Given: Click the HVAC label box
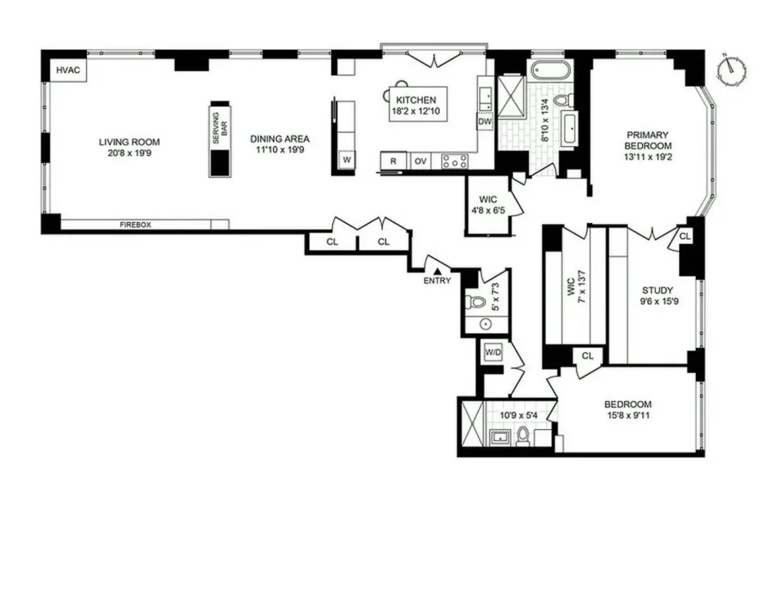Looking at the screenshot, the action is click(68, 70).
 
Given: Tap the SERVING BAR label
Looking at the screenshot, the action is click(221, 128).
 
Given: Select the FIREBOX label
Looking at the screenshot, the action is click(135, 225).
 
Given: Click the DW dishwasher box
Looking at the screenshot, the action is click(484, 122).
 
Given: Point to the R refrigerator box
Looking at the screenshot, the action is click(393, 161).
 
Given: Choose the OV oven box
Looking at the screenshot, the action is click(421, 161).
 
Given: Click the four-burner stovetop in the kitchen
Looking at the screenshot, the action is click(455, 161).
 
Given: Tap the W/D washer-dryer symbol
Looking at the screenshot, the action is click(493, 352).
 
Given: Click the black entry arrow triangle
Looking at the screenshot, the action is click(438, 271).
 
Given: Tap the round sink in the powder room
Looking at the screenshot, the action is click(486, 325).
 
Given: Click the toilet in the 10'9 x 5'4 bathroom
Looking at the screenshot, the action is click(523, 436).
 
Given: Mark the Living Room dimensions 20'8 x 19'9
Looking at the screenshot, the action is click(129, 153).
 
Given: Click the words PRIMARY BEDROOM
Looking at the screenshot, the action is click(647, 140).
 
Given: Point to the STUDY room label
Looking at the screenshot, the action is click(657, 290).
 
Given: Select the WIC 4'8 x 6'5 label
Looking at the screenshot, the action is click(488, 205).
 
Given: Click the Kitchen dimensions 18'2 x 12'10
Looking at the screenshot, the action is click(416, 111).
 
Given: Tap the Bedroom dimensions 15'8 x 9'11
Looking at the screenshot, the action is click(628, 415).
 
